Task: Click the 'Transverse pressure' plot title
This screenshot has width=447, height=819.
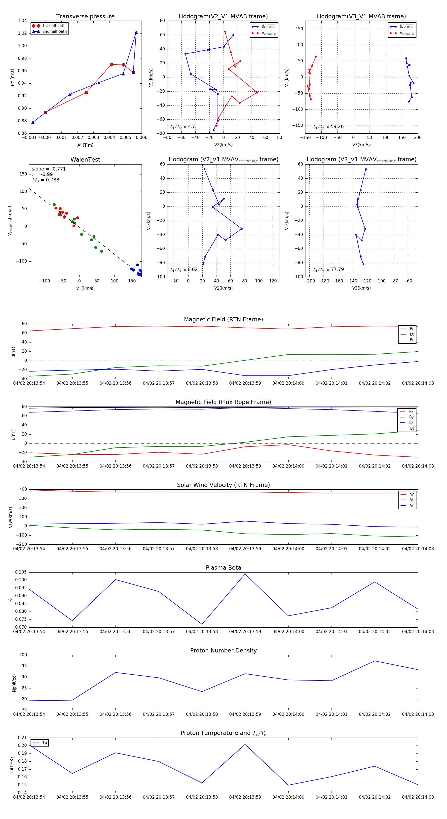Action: point(85,17)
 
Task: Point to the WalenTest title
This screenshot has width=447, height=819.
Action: point(85,160)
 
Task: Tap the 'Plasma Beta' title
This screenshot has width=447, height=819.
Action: point(223,568)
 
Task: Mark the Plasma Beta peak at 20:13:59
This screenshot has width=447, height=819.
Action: point(245,574)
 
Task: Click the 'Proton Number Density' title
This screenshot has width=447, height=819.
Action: point(223,650)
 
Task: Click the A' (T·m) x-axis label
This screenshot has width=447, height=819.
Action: point(85,145)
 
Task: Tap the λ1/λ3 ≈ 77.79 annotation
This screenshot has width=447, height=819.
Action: point(328,270)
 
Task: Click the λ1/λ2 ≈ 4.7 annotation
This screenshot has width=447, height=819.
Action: point(183,127)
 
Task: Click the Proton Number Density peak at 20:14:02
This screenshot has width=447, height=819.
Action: point(375,661)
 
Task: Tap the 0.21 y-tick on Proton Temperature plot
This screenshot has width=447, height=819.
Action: point(22,738)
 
